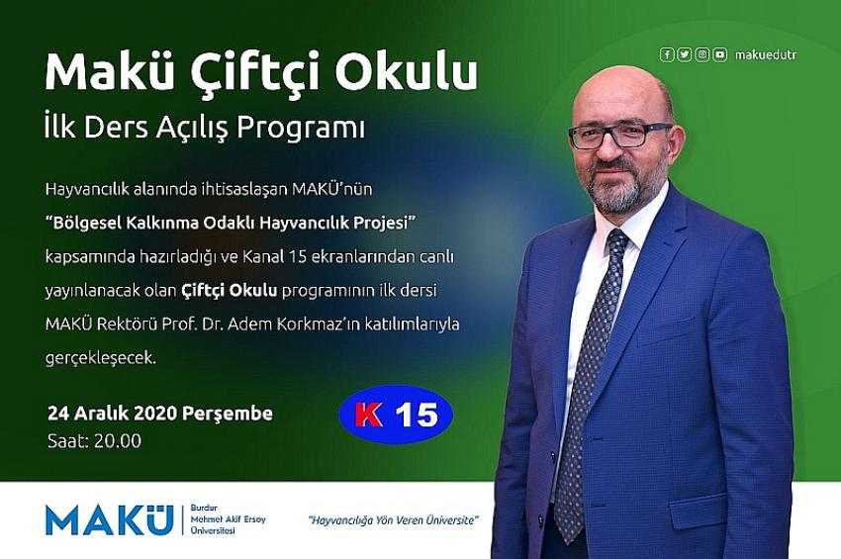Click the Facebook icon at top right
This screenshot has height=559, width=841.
point(667,54)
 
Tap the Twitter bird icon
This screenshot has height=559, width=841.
point(685,54)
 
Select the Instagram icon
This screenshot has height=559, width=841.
point(702,54)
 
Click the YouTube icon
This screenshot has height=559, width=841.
point(720,54)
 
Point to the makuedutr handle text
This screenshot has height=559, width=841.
point(766,54)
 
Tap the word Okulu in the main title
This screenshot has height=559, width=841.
point(407,69)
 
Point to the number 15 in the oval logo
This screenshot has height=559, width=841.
point(418,415)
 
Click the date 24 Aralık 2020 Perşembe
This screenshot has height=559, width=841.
point(160,414)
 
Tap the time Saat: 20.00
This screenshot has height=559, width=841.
point(94,441)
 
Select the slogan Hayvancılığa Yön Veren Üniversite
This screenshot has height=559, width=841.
point(393,519)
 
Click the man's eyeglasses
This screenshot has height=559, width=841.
point(620,136)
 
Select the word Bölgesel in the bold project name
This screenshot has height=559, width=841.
point(86,224)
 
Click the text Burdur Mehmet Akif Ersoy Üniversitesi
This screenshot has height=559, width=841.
point(228,519)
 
